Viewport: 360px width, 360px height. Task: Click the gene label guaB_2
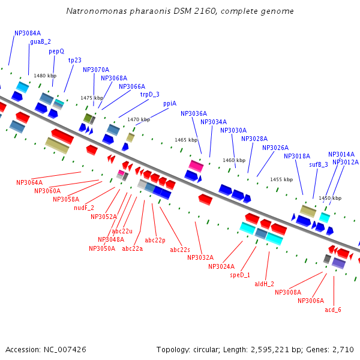[x=40, y=42]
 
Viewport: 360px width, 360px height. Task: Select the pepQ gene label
[x=56, y=52]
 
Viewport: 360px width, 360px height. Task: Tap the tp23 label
[x=74, y=61]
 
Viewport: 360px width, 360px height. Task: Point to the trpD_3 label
[x=150, y=95]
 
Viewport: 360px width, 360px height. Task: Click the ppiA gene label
[x=170, y=104]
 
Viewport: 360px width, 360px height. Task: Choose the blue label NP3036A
[x=194, y=113]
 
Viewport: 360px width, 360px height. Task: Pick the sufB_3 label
[x=319, y=164]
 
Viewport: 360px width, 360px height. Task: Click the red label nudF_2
[x=84, y=208]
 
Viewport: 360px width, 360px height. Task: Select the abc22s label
[x=180, y=250]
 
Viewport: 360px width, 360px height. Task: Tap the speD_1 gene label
[x=240, y=275]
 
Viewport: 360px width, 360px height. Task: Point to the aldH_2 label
[x=264, y=284]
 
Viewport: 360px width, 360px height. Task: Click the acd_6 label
[x=333, y=310]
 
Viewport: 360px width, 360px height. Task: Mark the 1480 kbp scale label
[x=45, y=76]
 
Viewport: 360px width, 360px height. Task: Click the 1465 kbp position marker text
[x=186, y=140]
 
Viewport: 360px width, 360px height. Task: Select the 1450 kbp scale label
[x=330, y=198]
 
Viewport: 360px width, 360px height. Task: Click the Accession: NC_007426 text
[x=46, y=349]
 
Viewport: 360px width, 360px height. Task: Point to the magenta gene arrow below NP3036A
[x=196, y=166]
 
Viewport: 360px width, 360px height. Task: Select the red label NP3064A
[x=29, y=182]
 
